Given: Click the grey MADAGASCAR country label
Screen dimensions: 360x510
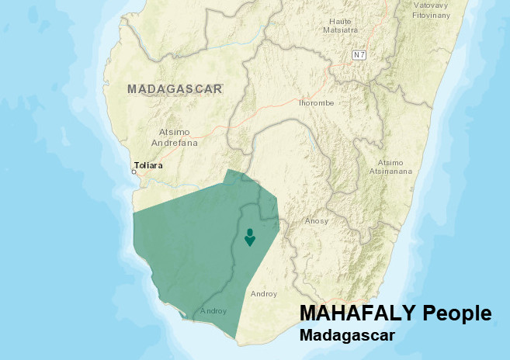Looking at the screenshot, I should pos(175,88).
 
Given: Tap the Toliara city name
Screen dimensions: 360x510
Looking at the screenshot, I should pos(149,165).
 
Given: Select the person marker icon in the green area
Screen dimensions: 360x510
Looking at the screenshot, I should pos(249,237).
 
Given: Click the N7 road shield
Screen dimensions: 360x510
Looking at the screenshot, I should pos(358,55).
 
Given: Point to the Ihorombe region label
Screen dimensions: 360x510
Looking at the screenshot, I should pos(316,102).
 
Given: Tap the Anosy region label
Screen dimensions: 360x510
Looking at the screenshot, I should pos(317,221).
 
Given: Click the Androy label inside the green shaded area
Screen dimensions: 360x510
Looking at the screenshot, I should pos(213,311).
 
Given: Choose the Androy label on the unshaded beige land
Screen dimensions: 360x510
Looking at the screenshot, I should pos(264,294).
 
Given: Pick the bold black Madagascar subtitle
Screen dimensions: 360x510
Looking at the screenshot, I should pos(347,336).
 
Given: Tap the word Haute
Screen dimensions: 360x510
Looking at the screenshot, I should pos(341,20).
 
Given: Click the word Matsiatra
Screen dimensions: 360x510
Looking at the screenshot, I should pos(341,30).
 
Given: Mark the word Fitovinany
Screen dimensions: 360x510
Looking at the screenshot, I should pos(432,15).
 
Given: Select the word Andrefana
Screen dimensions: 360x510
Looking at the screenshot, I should pos(178,143).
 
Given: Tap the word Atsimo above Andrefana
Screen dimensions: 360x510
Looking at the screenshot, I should pos(174,132).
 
